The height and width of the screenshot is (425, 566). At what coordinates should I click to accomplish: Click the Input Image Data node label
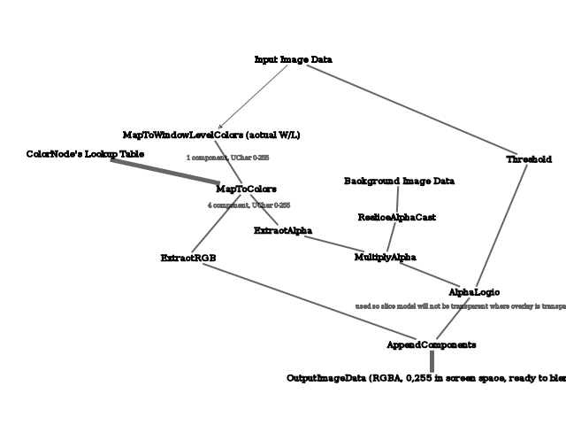pyautogui.click(x=293, y=59)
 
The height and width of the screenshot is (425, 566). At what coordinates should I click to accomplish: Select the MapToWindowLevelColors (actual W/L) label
pyautogui.click(x=211, y=135)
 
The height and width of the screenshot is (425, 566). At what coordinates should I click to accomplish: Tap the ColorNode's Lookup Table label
pyautogui.click(x=85, y=154)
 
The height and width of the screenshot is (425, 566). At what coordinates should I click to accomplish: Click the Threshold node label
pyautogui.click(x=529, y=159)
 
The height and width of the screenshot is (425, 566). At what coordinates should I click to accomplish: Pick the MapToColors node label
pyautogui.click(x=246, y=189)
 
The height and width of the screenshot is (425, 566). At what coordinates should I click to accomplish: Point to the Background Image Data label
pyautogui.click(x=399, y=182)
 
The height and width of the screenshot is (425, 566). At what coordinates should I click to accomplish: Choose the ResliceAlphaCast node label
pyautogui.click(x=396, y=217)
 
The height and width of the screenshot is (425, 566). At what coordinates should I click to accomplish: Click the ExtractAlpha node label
pyautogui.click(x=282, y=231)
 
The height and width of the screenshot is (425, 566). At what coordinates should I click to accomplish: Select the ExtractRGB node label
pyautogui.click(x=188, y=258)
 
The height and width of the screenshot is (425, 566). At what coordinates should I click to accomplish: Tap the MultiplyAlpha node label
pyautogui.click(x=385, y=257)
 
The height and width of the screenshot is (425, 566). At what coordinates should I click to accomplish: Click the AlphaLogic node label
pyautogui.click(x=474, y=292)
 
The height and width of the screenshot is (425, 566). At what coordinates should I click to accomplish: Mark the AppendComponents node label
pyautogui.click(x=432, y=344)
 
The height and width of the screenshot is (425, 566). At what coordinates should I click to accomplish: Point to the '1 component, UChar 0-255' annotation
pyautogui.click(x=227, y=158)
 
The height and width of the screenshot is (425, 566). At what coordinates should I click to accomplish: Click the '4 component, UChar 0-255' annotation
pyautogui.click(x=249, y=205)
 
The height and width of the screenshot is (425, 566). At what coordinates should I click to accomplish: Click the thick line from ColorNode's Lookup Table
pyautogui.click(x=165, y=172)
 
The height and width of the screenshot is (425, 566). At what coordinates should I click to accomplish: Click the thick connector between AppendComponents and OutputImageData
pyautogui.click(x=432, y=361)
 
